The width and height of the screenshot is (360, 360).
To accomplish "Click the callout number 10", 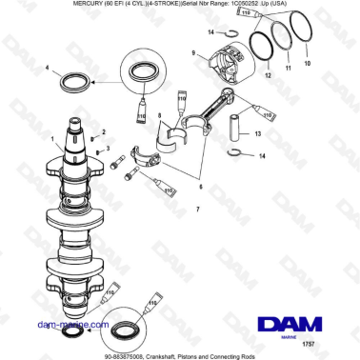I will (307, 65).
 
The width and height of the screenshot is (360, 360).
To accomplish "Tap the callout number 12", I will (269, 73).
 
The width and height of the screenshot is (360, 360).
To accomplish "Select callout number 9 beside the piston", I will (192, 53).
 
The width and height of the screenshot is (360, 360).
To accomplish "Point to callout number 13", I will (257, 134).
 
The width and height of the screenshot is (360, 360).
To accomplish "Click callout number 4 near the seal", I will (47, 69).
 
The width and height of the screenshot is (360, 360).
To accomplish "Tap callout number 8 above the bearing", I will (160, 118).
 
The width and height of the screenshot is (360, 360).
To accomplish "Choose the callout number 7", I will (196, 208).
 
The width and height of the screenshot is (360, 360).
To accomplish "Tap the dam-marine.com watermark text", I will (43, 324).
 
